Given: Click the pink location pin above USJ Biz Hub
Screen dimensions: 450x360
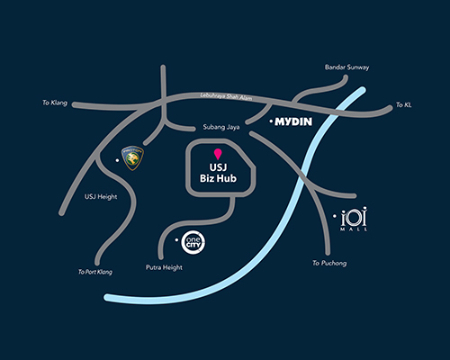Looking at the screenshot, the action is pos(218,154).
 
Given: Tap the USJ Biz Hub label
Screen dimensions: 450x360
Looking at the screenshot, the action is pos(218,173).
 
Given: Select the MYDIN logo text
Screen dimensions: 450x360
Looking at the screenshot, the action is pos(293,121).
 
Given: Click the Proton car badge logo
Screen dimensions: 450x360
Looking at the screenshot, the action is pos(132,158).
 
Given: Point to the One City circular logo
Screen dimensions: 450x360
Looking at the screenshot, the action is pos(193,242).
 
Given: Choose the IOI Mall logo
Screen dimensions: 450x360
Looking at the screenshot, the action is pos(354,219).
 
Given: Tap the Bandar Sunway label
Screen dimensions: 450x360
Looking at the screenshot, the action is pos(346,67).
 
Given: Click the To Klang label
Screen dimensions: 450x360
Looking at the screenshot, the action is pos(55,103).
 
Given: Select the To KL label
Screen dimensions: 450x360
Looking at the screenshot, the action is pos(403,104).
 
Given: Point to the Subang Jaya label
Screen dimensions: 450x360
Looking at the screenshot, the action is pos(221,127).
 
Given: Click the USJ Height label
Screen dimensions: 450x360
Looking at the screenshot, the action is pos(101,197).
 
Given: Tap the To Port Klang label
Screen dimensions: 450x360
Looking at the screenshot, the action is pos(95,272).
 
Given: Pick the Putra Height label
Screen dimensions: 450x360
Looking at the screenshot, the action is pos(164,267).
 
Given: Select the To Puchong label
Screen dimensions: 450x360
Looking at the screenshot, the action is pos(329,263).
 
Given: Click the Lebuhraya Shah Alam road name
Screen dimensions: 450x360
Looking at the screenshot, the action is pos(226,96).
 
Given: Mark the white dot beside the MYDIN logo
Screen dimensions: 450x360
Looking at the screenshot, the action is pos(271,121).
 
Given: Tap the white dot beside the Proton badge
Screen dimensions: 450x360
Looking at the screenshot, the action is pos(117,160).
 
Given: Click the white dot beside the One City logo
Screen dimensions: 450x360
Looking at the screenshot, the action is pos(176,240).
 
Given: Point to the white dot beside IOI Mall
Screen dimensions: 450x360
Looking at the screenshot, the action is pos(335,216).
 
